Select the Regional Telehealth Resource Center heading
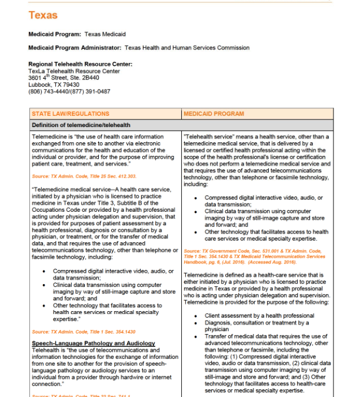(x=80, y=64)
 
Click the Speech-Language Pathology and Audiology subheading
(x=94, y=343)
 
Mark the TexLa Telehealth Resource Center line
(x=74, y=71)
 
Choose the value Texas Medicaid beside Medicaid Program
(x=105, y=35)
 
